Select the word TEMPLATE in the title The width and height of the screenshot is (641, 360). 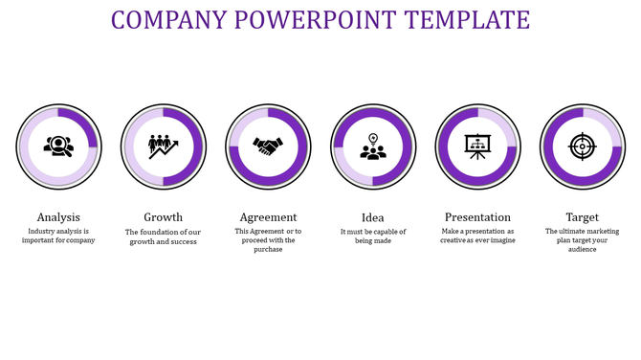(x=468, y=19)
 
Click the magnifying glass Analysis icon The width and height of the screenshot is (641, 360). (x=58, y=146)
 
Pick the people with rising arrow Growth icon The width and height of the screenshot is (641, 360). (x=163, y=146)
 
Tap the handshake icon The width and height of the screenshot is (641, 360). (x=268, y=146)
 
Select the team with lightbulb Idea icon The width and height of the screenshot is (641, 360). (x=373, y=146)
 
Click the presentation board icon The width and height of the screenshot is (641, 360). (x=477, y=146)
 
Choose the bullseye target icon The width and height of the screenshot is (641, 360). (x=582, y=146)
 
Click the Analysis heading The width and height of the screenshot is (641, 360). (x=58, y=217)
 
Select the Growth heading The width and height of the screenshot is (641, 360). (x=163, y=217)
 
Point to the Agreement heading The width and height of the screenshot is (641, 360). (x=268, y=217)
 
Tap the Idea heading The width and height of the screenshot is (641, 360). (x=373, y=217)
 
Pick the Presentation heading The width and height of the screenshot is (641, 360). (x=477, y=217)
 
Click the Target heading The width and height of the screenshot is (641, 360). (x=582, y=217)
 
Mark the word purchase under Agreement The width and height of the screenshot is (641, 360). (x=268, y=250)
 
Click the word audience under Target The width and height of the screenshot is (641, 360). (x=582, y=250)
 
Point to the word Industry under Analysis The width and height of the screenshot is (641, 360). (x=44, y=231)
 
